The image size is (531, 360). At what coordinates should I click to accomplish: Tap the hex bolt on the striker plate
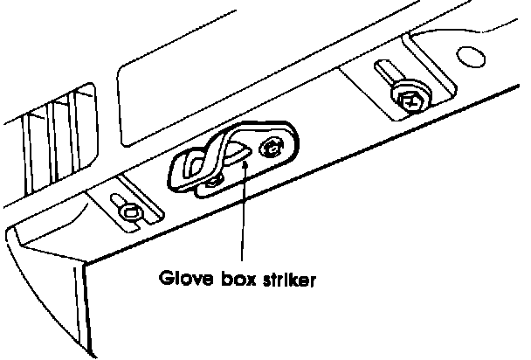[273, 148]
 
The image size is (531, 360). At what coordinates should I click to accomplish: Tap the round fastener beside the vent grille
[129, 210]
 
